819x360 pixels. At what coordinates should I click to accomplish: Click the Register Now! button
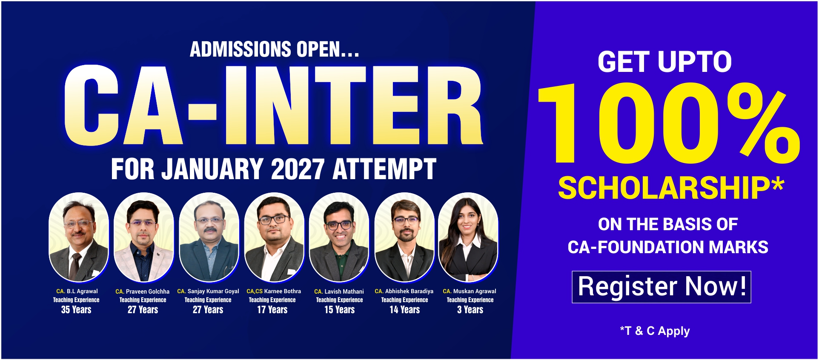[x=661, y=287]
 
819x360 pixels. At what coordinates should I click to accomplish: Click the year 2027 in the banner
[x=298, y=169]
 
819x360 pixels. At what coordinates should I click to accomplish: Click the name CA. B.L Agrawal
[x=77, y=291]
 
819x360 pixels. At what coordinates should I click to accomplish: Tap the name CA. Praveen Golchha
[x=142, y=291]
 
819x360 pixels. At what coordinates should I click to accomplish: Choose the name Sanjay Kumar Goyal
[x=213, y=291]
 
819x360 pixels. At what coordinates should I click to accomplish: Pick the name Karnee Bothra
[x=283, y=291]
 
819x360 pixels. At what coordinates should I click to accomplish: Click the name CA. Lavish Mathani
[x=339, y=291]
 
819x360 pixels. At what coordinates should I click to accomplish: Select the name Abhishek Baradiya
[x=409, y=291]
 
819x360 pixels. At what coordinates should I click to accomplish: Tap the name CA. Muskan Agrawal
[x=470, y=291]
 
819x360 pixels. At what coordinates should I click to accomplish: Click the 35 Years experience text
[x=76, y=310]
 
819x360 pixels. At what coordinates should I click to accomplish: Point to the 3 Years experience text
[x=470, y=310]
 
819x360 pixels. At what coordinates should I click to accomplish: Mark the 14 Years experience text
[x=404, y=310]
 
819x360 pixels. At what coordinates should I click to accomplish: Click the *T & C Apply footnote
[x=655, y=331]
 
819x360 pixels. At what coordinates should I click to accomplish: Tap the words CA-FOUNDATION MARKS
[x=668, y=247]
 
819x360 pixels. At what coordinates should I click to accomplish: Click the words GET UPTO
[x=665, y=62]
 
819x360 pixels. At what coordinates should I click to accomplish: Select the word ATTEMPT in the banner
[x=384, y=169]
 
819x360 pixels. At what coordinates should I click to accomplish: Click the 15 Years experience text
[x=339, y=310]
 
